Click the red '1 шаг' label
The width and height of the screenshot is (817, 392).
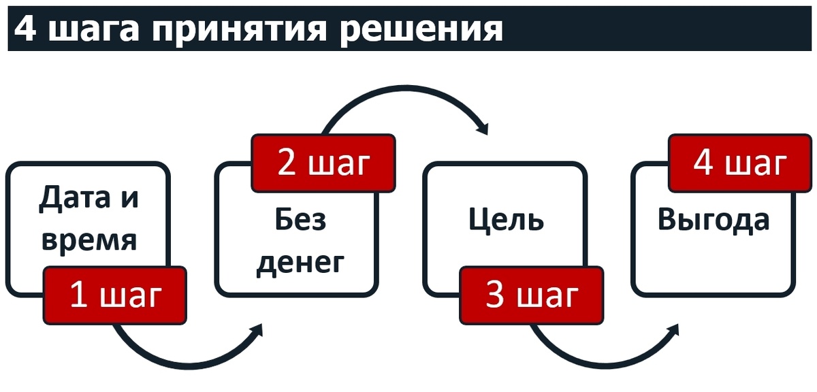(x=114, y=296)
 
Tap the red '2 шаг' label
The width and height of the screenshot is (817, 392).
(x=323, y=163)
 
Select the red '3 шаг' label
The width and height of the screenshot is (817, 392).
(x=531, y=296)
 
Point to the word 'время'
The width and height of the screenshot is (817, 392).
(x=89, y=240)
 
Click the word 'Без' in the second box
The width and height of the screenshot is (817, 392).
(x=300, y=220)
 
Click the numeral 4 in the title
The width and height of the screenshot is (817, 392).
(x=25, y=29)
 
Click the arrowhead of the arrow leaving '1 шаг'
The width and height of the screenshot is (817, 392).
(x=257, y=331)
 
